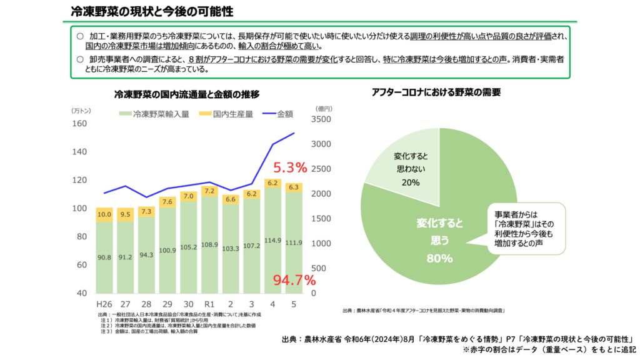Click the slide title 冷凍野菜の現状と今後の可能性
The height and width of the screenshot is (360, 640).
point(152,11)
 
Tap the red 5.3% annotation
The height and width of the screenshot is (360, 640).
point(290,167)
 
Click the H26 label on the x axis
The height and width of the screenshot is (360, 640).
point(104,304)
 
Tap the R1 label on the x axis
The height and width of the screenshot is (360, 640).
point(210,304)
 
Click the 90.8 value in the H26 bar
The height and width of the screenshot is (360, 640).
point(104,257)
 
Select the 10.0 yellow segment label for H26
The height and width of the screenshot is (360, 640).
point(104,215)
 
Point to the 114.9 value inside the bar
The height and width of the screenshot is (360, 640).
point(272,241)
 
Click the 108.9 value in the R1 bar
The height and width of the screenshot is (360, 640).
point(210,244)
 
